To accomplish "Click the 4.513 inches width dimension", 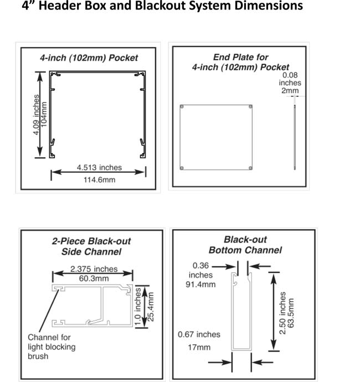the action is tap(99, 168).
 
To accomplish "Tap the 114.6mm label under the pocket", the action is tap(100, 180).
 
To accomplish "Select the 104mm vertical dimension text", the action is tap(44, 114).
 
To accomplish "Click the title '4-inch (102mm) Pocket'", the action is tap(89, 58).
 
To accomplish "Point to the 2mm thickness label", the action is tap(290, 91).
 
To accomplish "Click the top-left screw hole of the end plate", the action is tap(182, 107).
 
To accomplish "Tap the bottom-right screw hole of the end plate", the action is tap(250, 168).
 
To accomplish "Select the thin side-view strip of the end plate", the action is tap(295, 137).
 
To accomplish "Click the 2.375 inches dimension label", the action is tap(94, 269).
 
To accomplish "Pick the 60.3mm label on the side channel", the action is tap(94, 278).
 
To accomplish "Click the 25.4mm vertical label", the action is tap(151, 307).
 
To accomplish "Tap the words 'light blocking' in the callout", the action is tap(52, 347).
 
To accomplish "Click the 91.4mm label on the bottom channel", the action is tap(200, 285).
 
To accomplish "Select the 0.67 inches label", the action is tap(199, 334).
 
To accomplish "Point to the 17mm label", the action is tap(199, 347).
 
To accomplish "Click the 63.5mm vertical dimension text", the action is tap(291, 313).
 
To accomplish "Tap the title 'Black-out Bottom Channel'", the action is tap(245, 245).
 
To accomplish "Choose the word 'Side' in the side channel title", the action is tap(71, 252).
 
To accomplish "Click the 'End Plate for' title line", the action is tap(240, 57).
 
